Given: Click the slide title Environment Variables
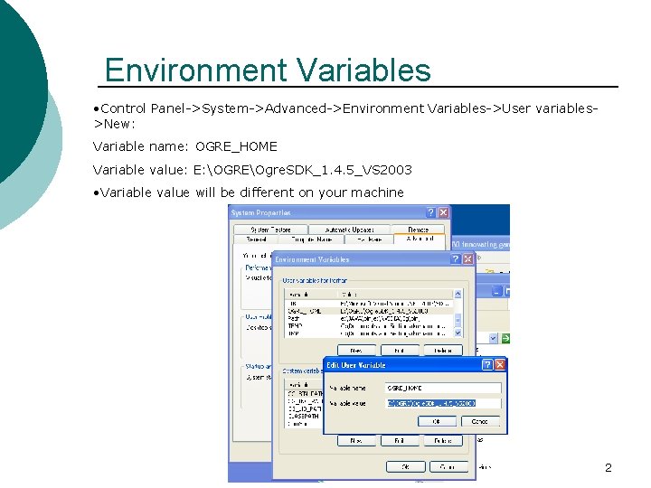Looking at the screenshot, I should [x=268, y=70].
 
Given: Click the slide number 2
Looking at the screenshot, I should [x=608, y=468].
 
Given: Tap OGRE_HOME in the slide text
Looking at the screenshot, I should [x=236, y=146].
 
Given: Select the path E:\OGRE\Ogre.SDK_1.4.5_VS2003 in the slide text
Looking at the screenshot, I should [x=303, y=170].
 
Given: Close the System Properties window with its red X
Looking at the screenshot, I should [x=444, y=213].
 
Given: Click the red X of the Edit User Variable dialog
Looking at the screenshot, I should [x=500, y=365].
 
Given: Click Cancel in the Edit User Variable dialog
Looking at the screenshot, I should [x=480, y=421].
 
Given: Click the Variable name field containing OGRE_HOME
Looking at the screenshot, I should [x=443, y=388].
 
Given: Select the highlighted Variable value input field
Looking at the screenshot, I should [x=443, y=403].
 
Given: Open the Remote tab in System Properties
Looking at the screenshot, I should [x=418, y=230].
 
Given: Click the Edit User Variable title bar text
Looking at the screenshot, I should [x=355, y=365].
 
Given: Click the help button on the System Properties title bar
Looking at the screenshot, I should [x=430, y=213].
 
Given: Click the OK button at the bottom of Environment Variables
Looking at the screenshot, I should [x=406, y=466].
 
